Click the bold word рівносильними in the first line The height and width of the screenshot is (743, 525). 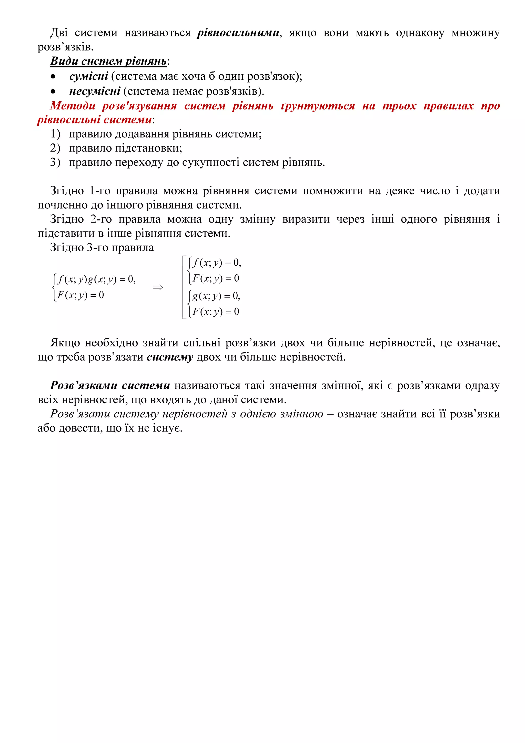238,33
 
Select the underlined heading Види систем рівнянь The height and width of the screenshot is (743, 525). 108,61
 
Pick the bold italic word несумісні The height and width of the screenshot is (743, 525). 95,91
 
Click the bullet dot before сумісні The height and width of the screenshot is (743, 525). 53,77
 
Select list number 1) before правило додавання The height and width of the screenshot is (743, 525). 55,134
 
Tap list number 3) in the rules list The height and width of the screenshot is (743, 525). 55,162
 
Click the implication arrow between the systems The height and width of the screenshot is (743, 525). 158,287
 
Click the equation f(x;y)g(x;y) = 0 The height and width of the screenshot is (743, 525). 96,279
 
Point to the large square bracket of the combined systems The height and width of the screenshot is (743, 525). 184,287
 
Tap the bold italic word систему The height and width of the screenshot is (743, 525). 170,357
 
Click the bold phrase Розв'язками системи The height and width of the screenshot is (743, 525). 110,385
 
